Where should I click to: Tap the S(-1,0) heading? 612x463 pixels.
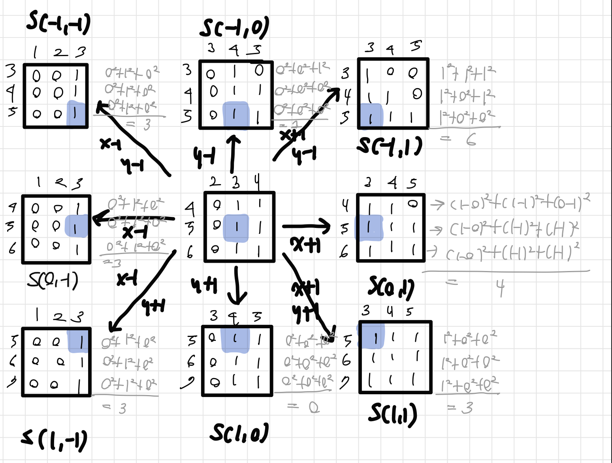234,28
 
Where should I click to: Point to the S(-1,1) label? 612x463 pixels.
389,146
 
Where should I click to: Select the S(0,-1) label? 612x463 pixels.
53,280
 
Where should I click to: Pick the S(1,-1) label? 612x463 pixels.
54,440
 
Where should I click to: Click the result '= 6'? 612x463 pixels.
459,139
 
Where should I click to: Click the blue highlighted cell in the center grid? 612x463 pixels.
236,228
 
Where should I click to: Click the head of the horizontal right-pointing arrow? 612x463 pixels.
326,226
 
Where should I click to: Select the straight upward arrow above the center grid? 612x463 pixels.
233,154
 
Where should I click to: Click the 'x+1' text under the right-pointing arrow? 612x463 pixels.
305,245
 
